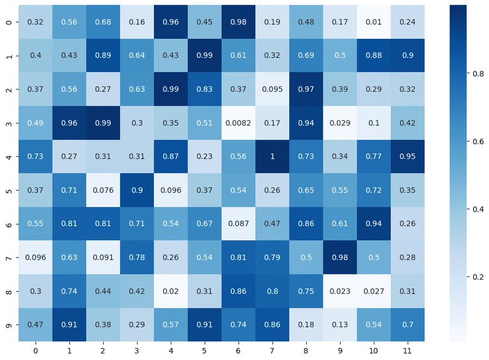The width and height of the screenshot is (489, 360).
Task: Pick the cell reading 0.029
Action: coord(339,122)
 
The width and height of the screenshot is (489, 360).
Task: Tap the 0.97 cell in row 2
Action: coord(306,89)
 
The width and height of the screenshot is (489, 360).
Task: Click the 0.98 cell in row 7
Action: coord(339,257)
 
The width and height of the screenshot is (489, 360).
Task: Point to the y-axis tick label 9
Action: coord(7,325)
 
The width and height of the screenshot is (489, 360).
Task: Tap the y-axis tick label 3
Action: coord(7,122)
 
